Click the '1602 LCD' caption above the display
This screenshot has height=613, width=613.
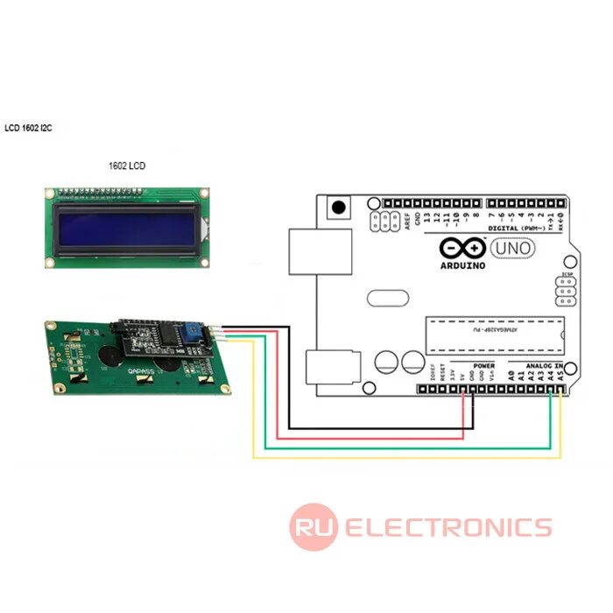pyautogui.click(x=126, y=166)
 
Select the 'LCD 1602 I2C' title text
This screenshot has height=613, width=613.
pyautogui.click(x=28, y=128)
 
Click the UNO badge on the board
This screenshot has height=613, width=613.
pyautogui.click(x=514, y=248)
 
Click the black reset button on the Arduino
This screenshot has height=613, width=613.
pyautogui.click(x=336, y=208)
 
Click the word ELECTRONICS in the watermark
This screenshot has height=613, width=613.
pyautogui.click(x=447, y=527)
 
